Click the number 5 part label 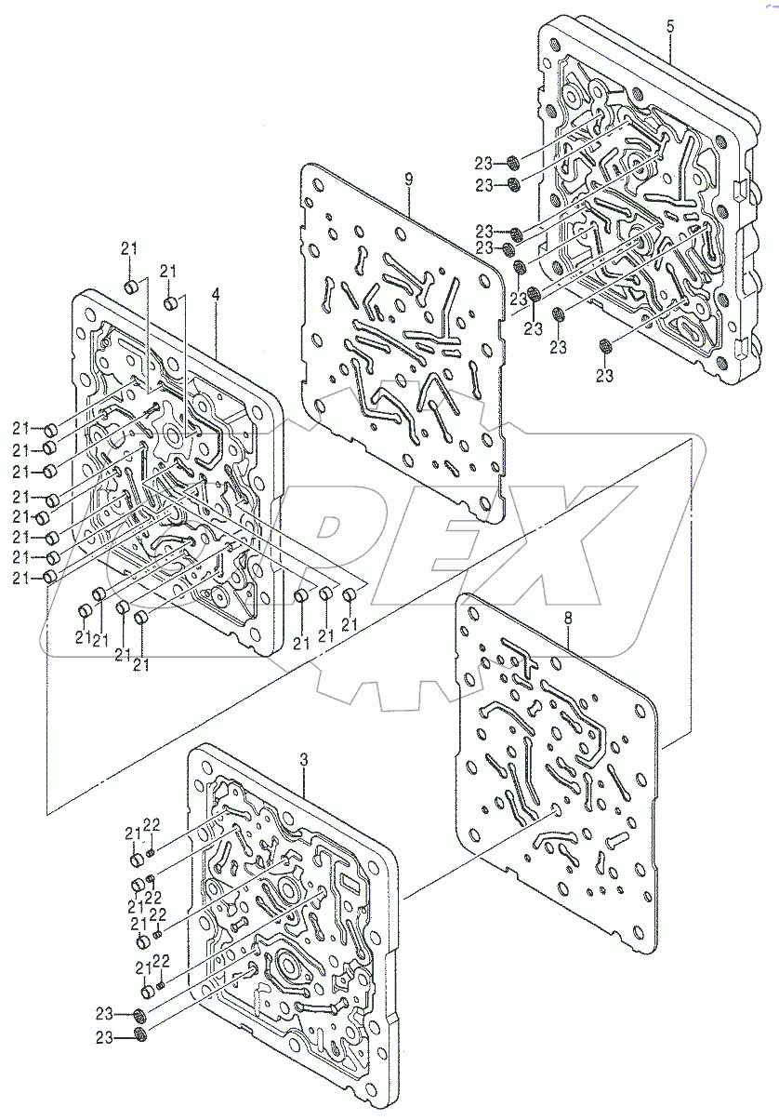[x=670, y=26]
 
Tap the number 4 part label [x=216, y=294]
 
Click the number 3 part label [x=303, y=760]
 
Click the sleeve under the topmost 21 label [x=132, y=285]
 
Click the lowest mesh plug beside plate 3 [x=140, y=1035]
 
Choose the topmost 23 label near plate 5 [x=485, y=162]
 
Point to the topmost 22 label [x=152, y=823]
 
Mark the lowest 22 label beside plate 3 [x=161, y=961]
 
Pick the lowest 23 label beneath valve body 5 [x=605, y=376]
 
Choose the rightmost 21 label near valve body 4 [x=350, y=625]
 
